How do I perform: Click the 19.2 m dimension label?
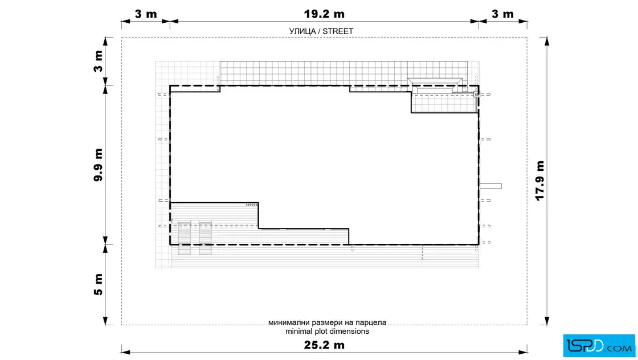(x=324, y=14)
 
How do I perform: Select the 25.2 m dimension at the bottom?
(x=324, y=345)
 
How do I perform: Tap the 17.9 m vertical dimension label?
(x=539, y=181)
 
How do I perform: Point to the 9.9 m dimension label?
(x=98, y=165)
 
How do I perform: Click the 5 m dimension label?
(x=98, y=284)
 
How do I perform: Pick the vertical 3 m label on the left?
(x=98, y=62)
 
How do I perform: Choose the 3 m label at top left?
(x=146, y=14)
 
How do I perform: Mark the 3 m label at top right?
(x=502, y=14)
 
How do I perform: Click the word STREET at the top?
(x=338, y=31)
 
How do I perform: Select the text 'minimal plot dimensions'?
(x=327, y=331)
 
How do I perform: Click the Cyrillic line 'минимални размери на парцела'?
(x=327, y=322)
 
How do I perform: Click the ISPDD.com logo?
(x=599, y=346)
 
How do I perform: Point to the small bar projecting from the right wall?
(x=490, y=186)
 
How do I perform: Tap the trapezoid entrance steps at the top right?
(x=435, y=83)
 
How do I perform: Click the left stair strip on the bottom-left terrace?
(x=185, y=238)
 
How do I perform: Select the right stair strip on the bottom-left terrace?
(x=205, y=238)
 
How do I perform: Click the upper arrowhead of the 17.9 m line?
(x=546, y=40)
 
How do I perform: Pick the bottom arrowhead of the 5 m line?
(x=105, y=321)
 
